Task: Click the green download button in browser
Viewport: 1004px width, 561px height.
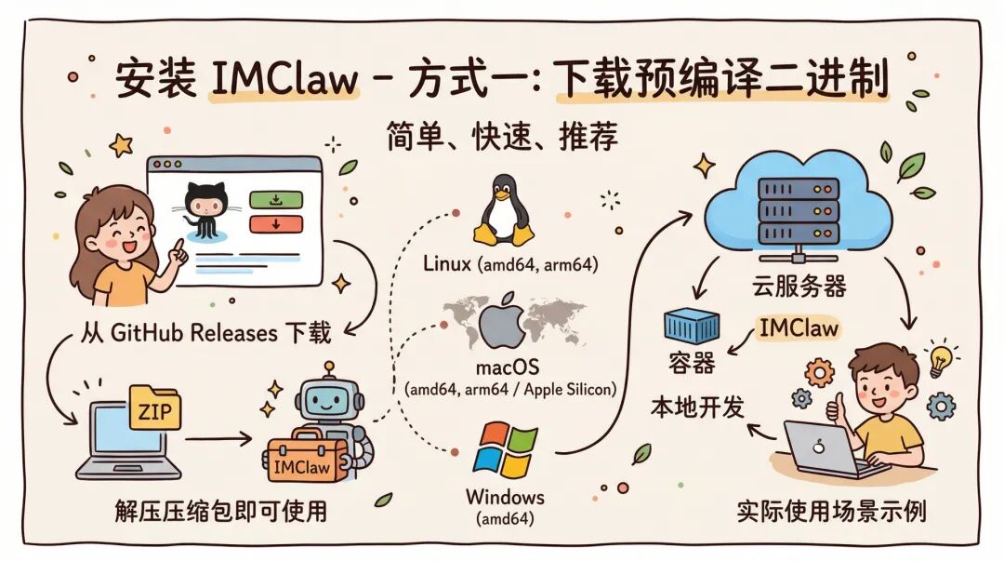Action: point(275,199)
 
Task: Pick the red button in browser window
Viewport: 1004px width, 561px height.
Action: point(275,223)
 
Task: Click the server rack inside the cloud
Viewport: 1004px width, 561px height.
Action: point(799,210)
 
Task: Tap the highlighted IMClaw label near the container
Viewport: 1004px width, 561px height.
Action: point(799,328)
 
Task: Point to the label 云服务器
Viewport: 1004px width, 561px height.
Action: point(800,286)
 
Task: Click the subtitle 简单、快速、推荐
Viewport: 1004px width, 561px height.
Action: point(502,138)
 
